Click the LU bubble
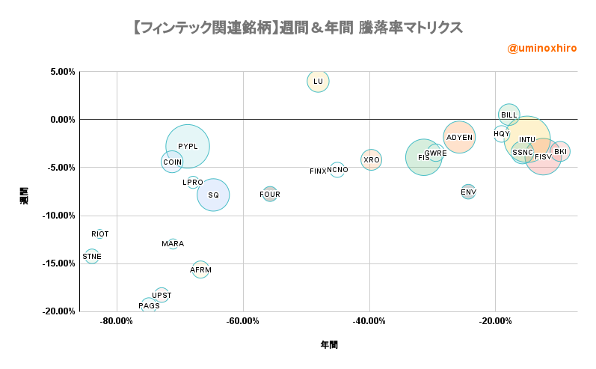coord(319,81)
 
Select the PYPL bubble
coord(188,147)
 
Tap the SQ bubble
coord(213,195)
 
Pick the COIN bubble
coord(173,162)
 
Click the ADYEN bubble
coord(459,137)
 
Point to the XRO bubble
coord(372,159)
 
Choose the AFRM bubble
coord(200,269)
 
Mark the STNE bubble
coord(92,256)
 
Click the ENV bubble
coord(468,192)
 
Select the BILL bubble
coord(509,115)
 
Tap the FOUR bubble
coord(270,195)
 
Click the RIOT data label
coord(100,234)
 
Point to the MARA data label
coord(173,244)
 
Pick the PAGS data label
coord(149,306)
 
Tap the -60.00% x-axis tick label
coord(242,321)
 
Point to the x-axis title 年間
coord(329,345)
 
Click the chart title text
coord(297,28)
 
